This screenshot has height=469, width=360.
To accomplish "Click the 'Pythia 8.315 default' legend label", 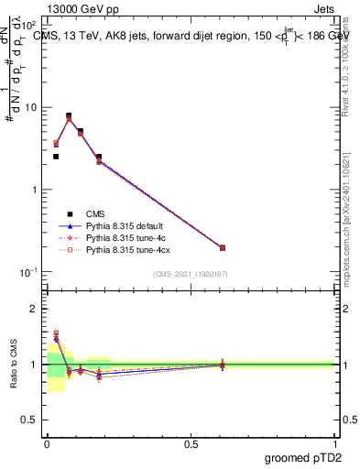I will coord(125,224).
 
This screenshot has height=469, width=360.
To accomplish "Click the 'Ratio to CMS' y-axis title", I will coord(15,364).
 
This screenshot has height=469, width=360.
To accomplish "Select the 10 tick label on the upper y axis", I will coord(31,108).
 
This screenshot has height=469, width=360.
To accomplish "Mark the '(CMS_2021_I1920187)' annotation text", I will coord(191,274).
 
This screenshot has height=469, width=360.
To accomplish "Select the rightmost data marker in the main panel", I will coord(222,247).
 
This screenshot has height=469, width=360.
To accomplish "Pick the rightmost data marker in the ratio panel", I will coord(222,365).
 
